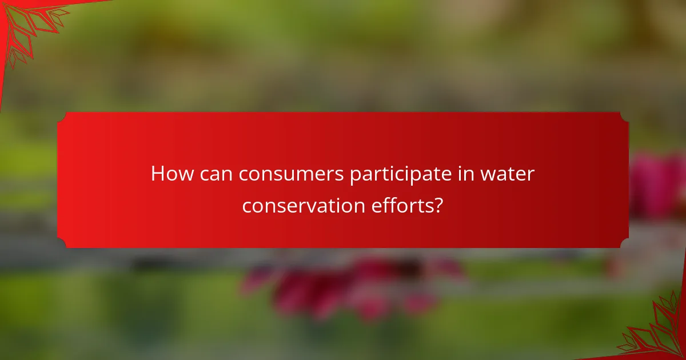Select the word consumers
(292, 174)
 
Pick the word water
(507, 174)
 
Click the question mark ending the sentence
(437, 205)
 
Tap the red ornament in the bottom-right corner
(657, 331)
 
